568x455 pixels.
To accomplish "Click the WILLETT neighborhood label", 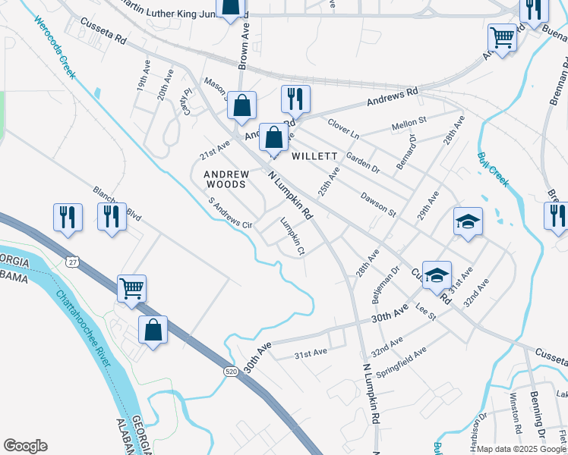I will tap(314, 156).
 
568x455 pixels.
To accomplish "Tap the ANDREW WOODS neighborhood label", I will tap(226, 179).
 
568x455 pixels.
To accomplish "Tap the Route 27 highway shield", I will tap(71, 262).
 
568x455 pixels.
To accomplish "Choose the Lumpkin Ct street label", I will tap(292, 236).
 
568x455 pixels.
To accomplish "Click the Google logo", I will tap(25, 446).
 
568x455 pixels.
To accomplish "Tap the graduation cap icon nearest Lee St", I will tap(437, 275).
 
